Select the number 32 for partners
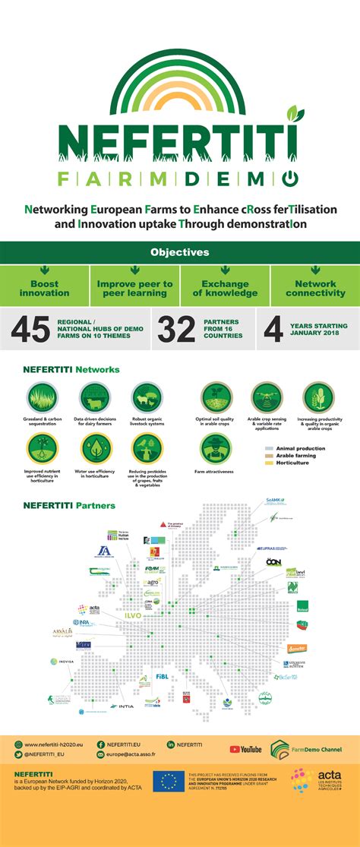176,328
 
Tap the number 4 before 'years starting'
273,328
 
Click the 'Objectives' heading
179,252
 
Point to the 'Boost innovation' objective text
44,289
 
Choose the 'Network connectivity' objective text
314,289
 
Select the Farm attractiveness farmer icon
215,450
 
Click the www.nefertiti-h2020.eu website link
55,744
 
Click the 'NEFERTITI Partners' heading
69,505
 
